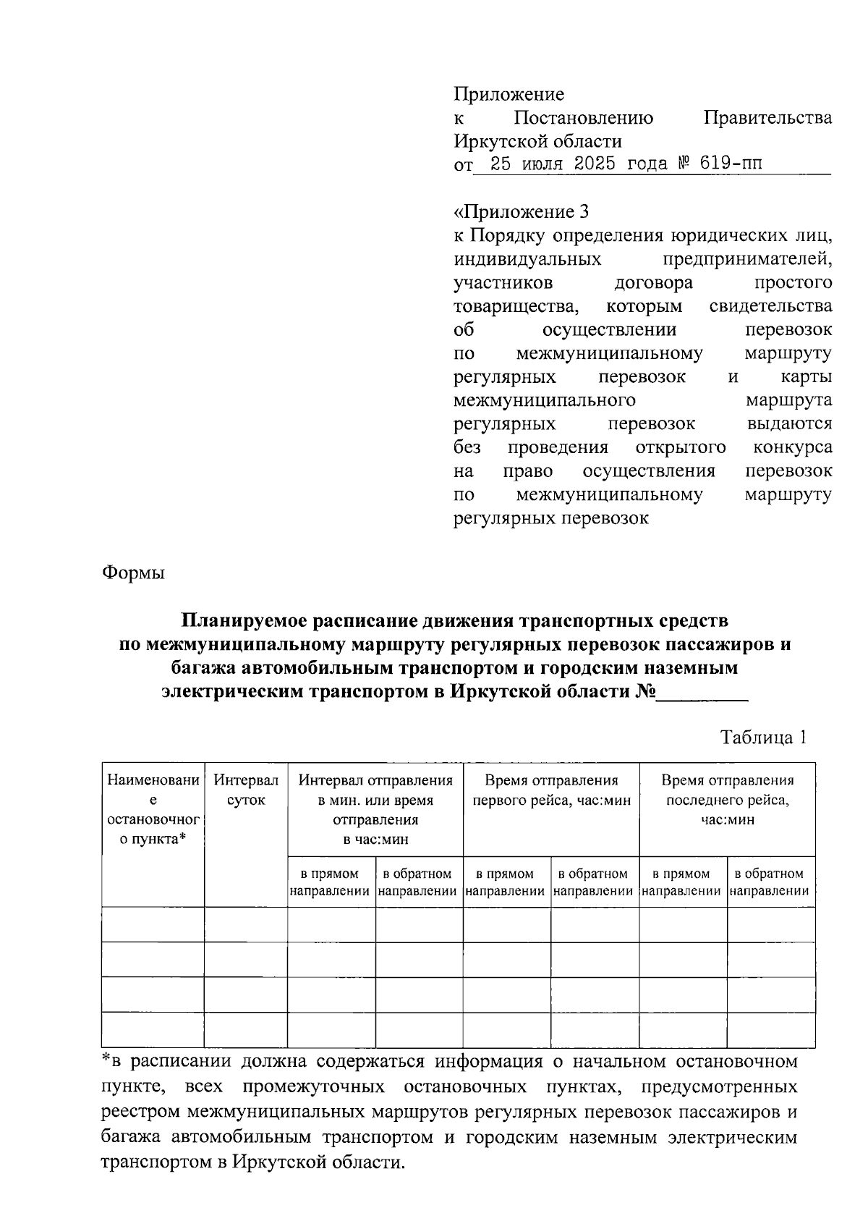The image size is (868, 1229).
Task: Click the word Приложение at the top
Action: coord(509,95)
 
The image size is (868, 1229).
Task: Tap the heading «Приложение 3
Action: coord(521,211)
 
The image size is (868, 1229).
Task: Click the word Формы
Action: coord(134,573)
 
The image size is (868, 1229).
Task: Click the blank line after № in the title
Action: coord(702,691)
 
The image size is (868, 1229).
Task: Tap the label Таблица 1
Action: coord(762,738)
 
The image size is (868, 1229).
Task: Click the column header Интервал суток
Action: coord(246,790)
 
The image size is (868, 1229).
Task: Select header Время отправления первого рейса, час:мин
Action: coord(551,790)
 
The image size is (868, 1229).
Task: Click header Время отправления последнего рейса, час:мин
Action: coord(727,800)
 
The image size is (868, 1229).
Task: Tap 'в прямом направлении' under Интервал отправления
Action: coord(331,882)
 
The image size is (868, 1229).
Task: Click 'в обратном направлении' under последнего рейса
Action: coord(770,882)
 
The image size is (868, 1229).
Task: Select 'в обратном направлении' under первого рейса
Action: coord(594,882)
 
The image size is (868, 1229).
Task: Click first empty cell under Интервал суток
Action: coord(246,924)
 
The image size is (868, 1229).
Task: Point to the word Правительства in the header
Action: coord(767,118)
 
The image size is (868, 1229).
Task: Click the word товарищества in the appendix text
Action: coord(516,306)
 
